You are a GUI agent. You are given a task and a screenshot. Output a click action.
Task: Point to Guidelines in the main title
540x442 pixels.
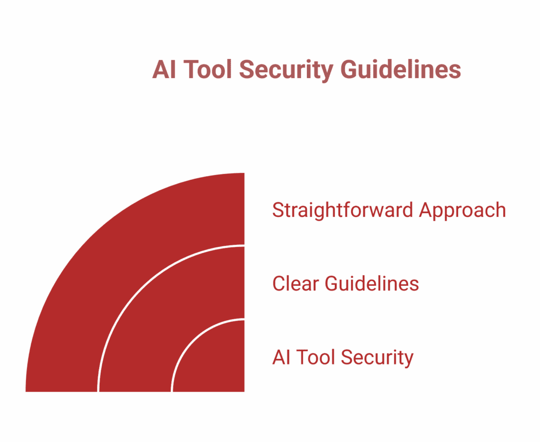point(401,70)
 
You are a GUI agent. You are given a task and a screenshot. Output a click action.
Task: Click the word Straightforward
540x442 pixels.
point(343,210)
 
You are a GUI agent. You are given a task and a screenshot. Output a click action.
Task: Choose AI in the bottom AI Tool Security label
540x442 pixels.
point(281,358)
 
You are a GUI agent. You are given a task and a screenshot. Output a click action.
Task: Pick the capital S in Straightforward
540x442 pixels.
point(277,210)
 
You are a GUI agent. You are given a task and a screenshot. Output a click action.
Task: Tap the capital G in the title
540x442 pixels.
point(349,70)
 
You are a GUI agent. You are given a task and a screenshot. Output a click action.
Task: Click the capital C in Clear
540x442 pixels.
point(278,284)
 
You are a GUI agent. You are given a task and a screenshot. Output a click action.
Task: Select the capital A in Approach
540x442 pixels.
point(425,210)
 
